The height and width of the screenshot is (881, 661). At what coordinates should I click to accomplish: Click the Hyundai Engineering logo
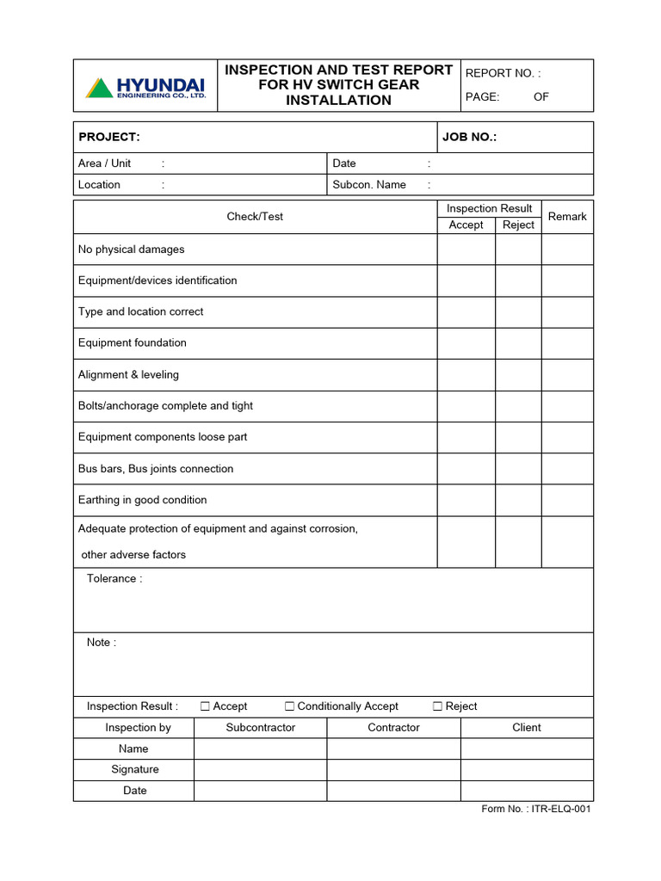[x=145, y=87]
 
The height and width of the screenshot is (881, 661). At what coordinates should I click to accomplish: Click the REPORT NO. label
[x=503, y=74]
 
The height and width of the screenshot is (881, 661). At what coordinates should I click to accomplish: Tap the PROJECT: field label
[x=108, y=138]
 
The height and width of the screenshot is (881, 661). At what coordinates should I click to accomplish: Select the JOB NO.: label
[x=469, y=138]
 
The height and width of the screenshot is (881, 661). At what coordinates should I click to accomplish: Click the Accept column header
[x=466, y=225]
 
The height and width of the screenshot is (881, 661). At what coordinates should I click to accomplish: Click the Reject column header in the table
[x=518, y=225]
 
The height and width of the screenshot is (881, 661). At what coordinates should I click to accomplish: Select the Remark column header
[x=567, y=217]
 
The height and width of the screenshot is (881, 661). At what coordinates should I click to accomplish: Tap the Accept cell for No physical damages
[x=466, y=250]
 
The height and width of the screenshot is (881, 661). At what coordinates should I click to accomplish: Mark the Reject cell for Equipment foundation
[x=518, y=343]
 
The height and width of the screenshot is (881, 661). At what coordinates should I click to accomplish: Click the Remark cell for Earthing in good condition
[x=567, y=500]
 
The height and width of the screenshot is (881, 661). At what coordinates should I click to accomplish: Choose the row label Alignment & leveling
[x=128, y=375]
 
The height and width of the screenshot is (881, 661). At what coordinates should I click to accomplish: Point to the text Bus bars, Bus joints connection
[x=156, y=469]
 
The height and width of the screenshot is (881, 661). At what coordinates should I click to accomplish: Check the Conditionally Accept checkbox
[x=290, y=706]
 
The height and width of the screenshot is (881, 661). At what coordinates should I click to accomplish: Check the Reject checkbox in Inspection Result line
[x=438, y=706]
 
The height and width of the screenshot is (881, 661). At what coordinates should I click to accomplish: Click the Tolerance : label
[x=114, y=579]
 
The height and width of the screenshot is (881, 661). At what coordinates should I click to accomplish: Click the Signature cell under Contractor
[x=393, y=770]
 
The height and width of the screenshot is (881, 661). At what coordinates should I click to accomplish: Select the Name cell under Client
[x=527, y=749]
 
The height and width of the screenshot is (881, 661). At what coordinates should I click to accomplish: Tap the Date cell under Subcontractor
[x=260, y=791]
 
